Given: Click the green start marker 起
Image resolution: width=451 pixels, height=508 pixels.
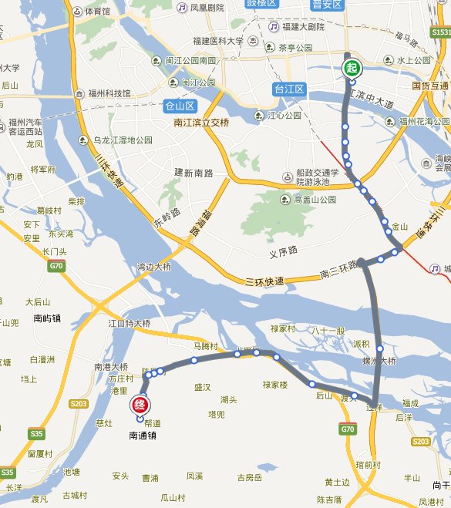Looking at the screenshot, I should coord(351,68).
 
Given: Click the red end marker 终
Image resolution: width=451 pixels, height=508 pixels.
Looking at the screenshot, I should coord(140,405).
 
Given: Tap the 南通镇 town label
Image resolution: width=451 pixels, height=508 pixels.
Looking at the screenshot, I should coord(143,436).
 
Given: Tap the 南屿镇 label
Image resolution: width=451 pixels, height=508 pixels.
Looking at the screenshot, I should coord(48,318).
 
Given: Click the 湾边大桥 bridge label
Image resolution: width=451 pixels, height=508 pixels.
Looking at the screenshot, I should coord(154,267).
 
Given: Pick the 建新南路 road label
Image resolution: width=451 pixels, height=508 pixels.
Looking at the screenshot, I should coord(193,171).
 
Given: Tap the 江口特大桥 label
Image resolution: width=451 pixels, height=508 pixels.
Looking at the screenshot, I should coord(129,324).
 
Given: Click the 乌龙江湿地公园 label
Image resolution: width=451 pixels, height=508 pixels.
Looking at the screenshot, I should coord(118,140).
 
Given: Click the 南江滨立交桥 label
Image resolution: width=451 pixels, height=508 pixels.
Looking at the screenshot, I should coord(201,122).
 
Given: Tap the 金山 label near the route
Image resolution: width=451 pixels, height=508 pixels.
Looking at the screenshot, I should coord(399,227).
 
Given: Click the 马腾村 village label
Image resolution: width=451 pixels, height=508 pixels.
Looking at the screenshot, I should coord(206,346).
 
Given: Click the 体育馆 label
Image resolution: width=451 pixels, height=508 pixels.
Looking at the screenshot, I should coord(97,12).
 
